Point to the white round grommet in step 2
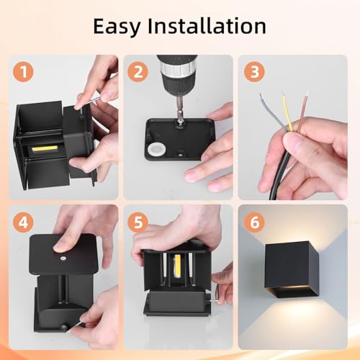(x=157, y=150)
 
